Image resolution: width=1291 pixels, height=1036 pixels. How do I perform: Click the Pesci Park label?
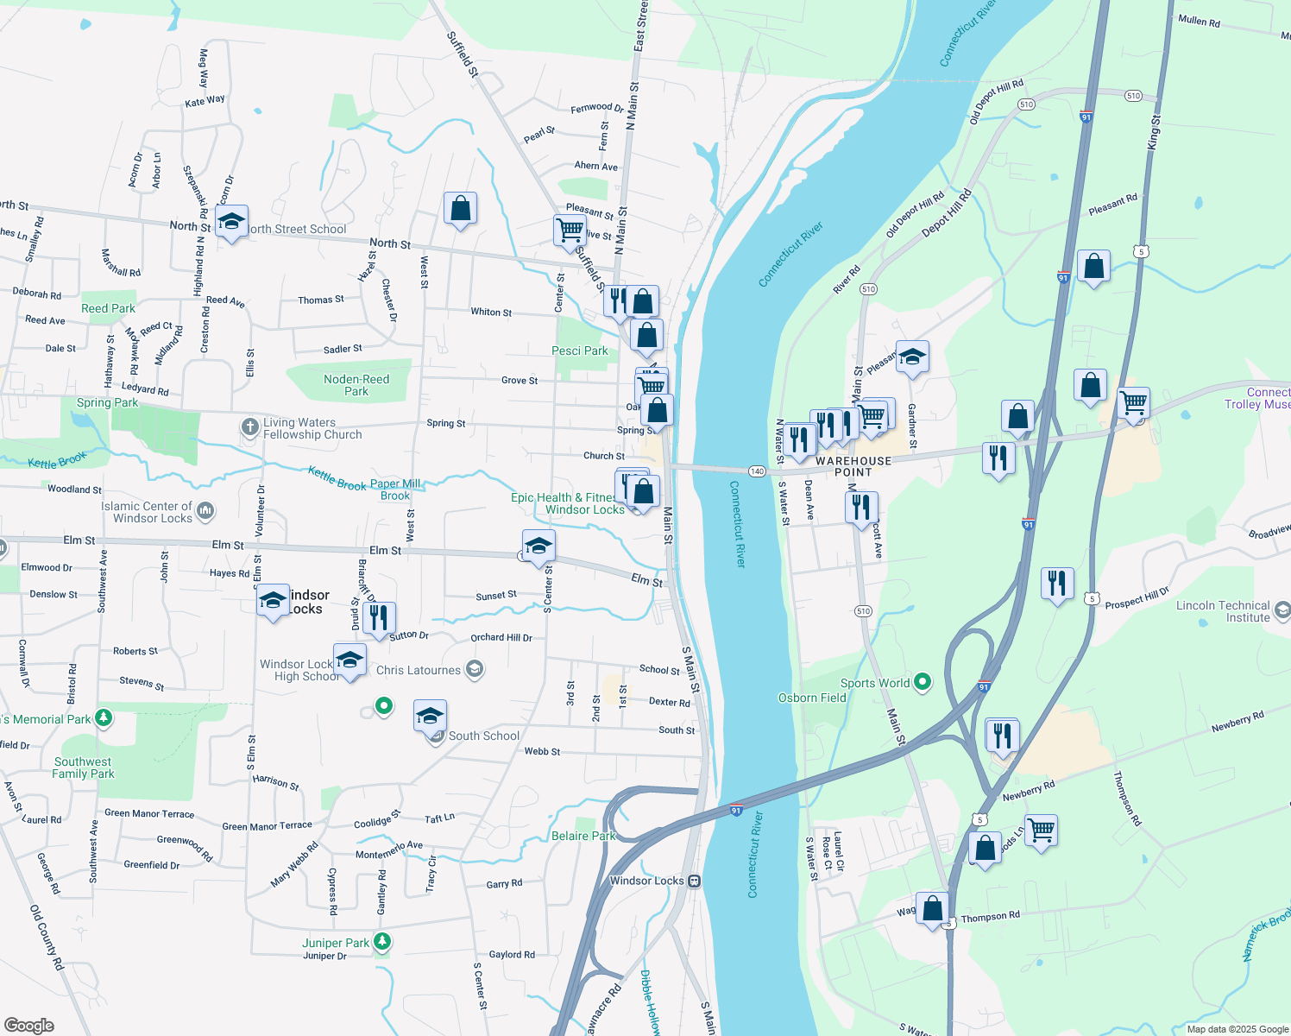click(x=579, y=351)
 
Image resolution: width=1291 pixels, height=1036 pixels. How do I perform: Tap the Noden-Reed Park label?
click(x=356, y=385)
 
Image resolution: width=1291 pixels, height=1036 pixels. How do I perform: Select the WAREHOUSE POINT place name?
click(x=853, y=466)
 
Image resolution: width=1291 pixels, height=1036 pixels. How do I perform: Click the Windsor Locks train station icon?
click(x=694, y=881)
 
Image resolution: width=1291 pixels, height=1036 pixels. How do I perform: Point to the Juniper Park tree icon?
click(x=381, y=942)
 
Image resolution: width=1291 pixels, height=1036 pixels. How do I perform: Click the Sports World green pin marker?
click(x=923, y=682)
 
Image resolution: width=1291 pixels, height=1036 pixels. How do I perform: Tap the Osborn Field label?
click(x=812, y=698)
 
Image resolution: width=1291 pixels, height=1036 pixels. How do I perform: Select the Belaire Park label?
click(x=583, y=836)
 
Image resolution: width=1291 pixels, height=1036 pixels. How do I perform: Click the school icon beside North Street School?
click(x=231, y=223)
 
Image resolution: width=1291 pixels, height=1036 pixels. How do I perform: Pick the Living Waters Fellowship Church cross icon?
click(x=249, y=426)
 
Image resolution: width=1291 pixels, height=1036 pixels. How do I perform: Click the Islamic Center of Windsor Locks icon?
click(x=205, y=511)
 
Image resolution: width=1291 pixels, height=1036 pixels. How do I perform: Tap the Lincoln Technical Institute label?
click(x=1223, y=611)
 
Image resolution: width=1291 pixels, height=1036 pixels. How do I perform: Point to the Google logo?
click(x=29, y=1026)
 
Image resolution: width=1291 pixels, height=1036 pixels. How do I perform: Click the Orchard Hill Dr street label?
click(x=501, y=637)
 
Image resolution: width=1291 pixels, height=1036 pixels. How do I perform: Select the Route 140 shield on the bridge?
click(x=757, y=471)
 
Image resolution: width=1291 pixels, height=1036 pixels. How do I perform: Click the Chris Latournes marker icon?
click(x=474, y=669)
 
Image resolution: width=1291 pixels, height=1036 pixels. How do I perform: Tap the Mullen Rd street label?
click(x=1199, y=21)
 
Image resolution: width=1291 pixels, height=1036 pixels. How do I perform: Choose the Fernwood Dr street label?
click(x=597, y=108)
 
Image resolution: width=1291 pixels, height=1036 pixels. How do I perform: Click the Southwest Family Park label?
click(x=83, y=768)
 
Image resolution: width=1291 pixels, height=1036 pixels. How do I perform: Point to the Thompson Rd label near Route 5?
click(x=991, y=917)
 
